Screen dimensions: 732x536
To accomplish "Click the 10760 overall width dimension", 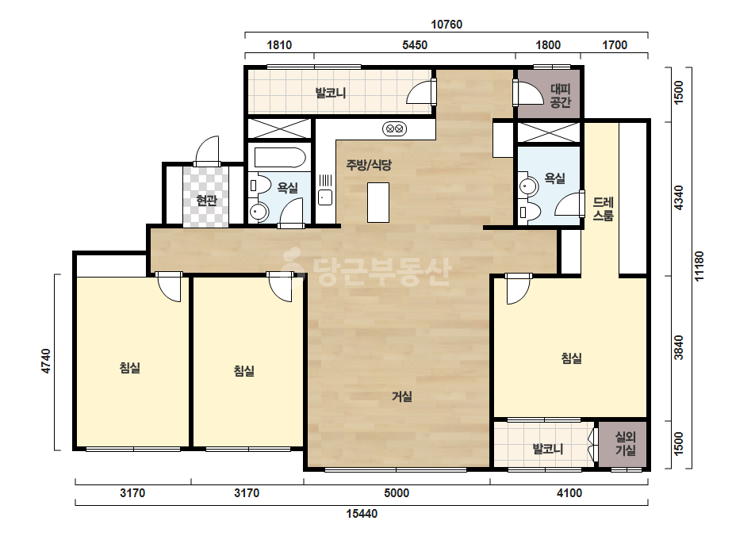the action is click(x=446, y=25).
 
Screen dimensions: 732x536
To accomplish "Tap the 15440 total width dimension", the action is click(x=362, y=514).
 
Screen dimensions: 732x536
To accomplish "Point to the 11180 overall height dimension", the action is click(x=699, y=266).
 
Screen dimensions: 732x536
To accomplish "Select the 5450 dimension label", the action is click(x=415, y=45).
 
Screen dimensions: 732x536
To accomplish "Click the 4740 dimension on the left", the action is click(x=46, y=361).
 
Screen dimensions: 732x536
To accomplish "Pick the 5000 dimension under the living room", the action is click(x=397, y=493).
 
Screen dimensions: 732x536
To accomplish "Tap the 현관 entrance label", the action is click(x=206, y=201).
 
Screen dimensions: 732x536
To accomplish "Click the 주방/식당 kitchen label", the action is click(x=369, y=165).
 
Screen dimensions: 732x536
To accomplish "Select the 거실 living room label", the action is click(x=401, y=396).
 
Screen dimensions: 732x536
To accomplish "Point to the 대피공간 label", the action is click(x=560, y=95).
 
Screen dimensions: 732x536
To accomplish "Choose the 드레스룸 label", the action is click(x=604, y=209).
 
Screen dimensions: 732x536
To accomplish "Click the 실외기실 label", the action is click(x=625, y=443).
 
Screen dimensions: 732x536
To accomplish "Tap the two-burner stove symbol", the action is click(x=394, y=128).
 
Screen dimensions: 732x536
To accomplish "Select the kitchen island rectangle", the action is click(x=378, y=202).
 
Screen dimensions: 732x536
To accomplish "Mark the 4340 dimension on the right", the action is click(x=679, y=198).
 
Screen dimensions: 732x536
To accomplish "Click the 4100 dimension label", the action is click(x=569, y=493).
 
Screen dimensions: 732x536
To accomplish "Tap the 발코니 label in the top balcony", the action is click(x=331, y=93).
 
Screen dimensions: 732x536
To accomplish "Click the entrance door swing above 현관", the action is click(x=207, y=151).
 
